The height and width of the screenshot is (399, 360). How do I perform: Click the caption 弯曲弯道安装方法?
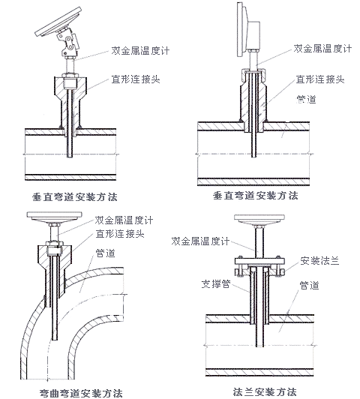coord(81,393)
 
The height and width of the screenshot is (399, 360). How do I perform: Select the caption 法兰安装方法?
coord(265,391)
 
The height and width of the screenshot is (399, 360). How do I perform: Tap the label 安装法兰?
coord(319,261)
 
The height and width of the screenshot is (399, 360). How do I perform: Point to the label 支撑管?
coord(216,284)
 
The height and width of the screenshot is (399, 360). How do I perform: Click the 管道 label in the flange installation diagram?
coord(309,286)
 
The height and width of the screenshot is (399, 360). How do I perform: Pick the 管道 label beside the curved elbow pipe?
coord(105,253)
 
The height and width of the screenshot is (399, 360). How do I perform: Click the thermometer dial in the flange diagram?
coord(259,218)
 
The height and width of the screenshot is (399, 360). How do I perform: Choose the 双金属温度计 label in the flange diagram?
coord(200,241)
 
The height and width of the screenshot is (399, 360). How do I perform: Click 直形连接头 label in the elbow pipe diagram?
coord(120,233)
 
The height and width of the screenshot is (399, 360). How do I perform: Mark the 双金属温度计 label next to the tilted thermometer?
coord(140,51)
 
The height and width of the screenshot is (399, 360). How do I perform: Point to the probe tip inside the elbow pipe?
coord(55,339)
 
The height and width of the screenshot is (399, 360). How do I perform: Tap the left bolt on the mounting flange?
coord(239,271)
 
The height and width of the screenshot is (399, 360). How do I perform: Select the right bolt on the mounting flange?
coord(280,271)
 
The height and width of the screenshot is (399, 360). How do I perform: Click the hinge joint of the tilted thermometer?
coord(68,40)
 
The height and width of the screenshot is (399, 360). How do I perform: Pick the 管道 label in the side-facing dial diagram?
coord(306,99)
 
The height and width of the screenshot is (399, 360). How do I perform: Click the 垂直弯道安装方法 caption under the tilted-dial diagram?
coord(75,197)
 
